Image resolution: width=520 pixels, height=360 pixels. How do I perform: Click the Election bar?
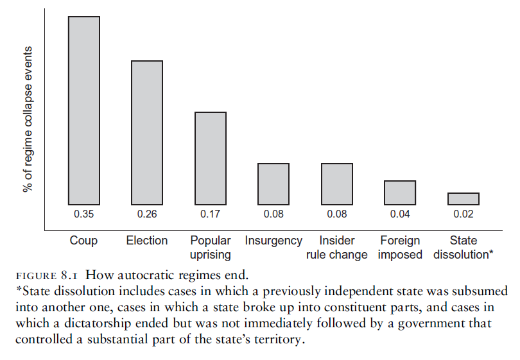point(147,132)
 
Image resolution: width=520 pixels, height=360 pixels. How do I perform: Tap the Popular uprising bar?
point(211,158)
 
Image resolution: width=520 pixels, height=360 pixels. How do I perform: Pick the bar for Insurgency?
point(273,184)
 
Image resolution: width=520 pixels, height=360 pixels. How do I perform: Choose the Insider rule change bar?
point(337,184)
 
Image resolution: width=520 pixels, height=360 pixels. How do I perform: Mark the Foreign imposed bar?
point(400,193)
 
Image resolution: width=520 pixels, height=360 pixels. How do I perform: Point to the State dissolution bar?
point(464,199)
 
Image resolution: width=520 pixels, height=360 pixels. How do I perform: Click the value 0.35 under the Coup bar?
point(84,214)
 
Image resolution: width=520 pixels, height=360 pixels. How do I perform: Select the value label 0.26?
point(147,214)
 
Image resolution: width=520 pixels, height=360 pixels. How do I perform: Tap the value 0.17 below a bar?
point(211,214)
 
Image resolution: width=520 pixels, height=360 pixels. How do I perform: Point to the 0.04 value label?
point(400,214)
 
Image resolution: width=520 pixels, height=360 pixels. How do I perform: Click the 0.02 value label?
point(464,214)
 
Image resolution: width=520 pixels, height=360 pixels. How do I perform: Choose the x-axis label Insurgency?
point(273,241)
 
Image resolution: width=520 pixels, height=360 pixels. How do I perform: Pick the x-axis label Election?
point(147,241)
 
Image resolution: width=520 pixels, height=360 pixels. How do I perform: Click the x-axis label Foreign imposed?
point(400,248)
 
